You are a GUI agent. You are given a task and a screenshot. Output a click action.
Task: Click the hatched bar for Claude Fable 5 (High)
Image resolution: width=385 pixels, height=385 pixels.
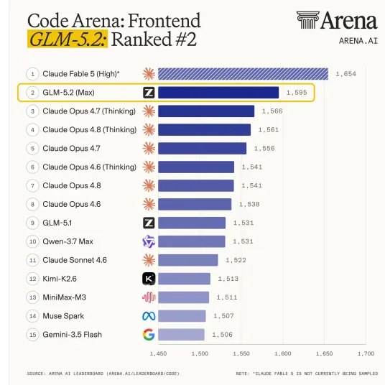(x=243, y=74)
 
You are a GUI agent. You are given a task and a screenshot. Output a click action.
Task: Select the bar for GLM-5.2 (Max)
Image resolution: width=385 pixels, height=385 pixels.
(x=218, y=93)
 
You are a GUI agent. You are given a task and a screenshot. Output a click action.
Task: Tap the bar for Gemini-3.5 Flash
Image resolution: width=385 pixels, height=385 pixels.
(x=181, y=335)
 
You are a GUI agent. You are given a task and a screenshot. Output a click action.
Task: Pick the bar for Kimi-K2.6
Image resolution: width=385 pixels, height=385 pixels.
(x=184, y=279)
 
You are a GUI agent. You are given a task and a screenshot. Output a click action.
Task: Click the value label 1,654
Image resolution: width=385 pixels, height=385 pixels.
(x=345, y=74)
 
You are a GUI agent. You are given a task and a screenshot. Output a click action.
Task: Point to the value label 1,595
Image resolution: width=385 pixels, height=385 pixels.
(x=297, y=93)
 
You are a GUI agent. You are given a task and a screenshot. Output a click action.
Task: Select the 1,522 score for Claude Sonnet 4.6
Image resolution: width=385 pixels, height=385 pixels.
(x=236, y=260)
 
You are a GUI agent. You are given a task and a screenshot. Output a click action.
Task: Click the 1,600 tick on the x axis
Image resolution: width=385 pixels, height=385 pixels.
(x=283, y=353)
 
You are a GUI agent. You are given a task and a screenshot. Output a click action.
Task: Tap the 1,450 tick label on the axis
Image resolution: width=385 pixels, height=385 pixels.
(x=158, y=353)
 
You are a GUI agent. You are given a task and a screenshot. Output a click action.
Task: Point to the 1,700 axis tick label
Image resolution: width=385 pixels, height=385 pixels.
(x=366, y=353)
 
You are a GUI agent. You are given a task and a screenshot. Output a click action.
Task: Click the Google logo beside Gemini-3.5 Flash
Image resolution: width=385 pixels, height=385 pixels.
(x=149, y=335)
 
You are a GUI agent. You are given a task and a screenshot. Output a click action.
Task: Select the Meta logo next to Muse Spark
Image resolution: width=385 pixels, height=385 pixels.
(x=149, y=316)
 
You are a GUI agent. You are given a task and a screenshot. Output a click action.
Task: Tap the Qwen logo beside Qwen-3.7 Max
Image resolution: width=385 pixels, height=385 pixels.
(x=149, y=241)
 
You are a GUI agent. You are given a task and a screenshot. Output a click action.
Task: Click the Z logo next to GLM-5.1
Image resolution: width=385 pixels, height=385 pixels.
(x=149, y=223)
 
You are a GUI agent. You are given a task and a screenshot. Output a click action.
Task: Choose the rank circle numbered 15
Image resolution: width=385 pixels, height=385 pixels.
(x=32, y=335)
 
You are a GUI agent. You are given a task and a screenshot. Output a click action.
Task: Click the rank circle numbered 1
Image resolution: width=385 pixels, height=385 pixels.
(x=32, y=74)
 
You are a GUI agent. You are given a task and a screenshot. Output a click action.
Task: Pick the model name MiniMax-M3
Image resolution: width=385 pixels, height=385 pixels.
(x=65, y=297)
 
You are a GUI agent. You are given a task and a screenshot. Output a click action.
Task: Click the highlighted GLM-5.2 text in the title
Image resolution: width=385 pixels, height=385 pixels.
(x=68, y=39)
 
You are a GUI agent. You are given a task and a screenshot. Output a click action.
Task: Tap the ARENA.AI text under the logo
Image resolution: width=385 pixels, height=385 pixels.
(x=358, y=41)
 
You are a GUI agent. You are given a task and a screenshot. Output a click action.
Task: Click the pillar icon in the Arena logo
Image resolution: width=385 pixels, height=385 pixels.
(x=308, y=20)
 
